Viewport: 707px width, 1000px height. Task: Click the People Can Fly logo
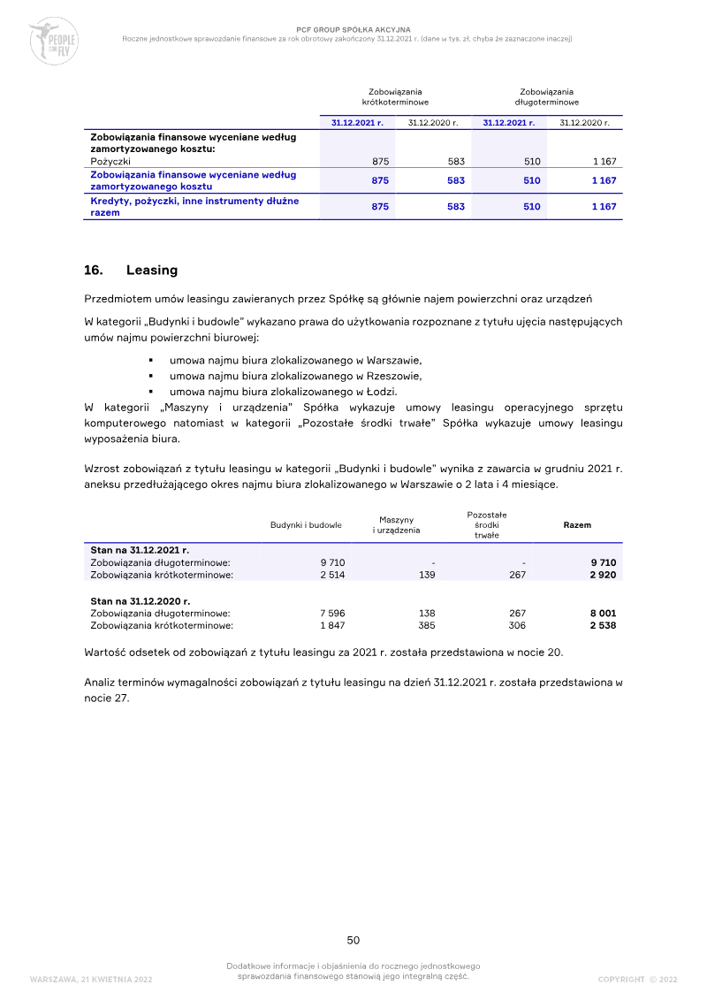pos(53,41)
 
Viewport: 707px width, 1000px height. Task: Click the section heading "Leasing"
pos(151,270)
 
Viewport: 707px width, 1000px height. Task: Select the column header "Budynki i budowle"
pos(306,525)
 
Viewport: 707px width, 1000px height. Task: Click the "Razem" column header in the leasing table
pos(577,525)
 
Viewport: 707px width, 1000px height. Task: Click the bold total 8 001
pos(603,613)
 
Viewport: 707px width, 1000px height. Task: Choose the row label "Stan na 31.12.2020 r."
pos(140,600)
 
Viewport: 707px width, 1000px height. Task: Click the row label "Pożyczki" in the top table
pos(110,162)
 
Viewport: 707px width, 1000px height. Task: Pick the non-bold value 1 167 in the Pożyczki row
pos(603,162)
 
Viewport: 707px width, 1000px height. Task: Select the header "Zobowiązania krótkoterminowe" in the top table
pos(395,97)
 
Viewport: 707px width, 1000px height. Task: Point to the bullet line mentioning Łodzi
pos(283,392)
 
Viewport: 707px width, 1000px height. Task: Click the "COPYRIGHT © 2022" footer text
pos(637,979)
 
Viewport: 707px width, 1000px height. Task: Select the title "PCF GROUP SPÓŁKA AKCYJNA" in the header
pos(353,30)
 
